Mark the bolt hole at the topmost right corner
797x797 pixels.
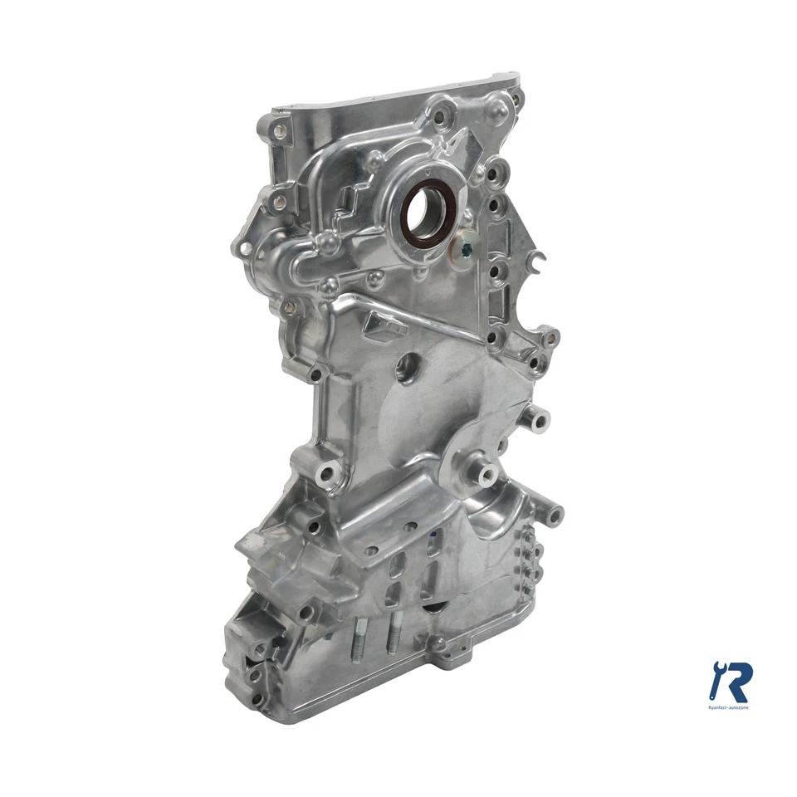[x=516, y=98]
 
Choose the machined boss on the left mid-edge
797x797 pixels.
[x=326, y=474]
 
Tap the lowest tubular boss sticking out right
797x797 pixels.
[x=550, y=513]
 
